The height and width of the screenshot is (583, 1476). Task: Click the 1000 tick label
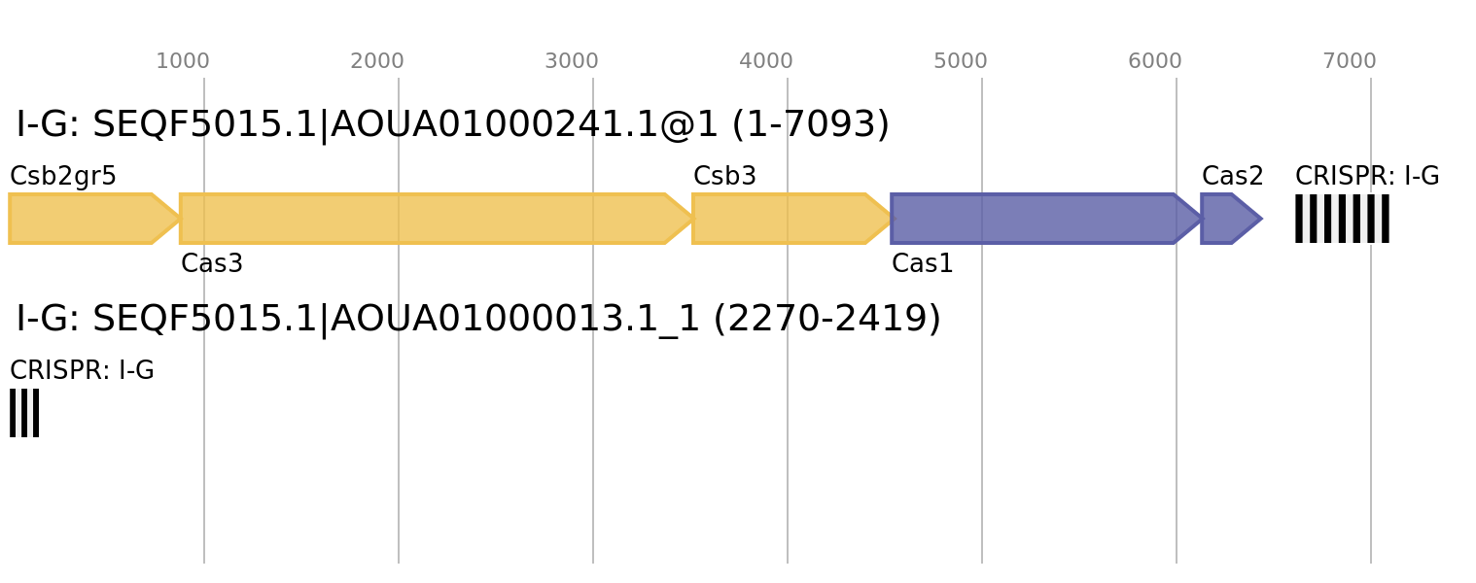(x=183, y=61)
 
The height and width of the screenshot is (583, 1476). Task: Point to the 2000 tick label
(x=377, y=61)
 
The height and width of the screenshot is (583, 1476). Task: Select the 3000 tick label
(x=572, y=61)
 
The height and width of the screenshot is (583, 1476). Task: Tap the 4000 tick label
(x=766, y=61)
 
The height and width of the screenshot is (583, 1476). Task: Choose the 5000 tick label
(x=961, y=61)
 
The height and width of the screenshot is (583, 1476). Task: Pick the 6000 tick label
(x=1155, y=61)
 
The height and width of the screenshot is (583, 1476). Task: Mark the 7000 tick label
(x=1350, y=61)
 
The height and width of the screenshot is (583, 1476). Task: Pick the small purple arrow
(x=1227, y=219)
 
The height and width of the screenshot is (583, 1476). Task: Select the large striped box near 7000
(x=1342, y=219)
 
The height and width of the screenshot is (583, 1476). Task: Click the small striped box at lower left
(x=24, y=413)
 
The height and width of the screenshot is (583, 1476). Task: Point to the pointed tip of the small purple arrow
(x=1262, y=219)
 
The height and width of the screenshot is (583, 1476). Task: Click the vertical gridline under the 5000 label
(x=982, y=437)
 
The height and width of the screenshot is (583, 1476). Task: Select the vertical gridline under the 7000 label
(x=1371, y=437)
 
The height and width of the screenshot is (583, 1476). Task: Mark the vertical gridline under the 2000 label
(x=399, y=437)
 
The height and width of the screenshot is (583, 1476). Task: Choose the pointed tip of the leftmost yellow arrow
(x=178, y=219)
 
